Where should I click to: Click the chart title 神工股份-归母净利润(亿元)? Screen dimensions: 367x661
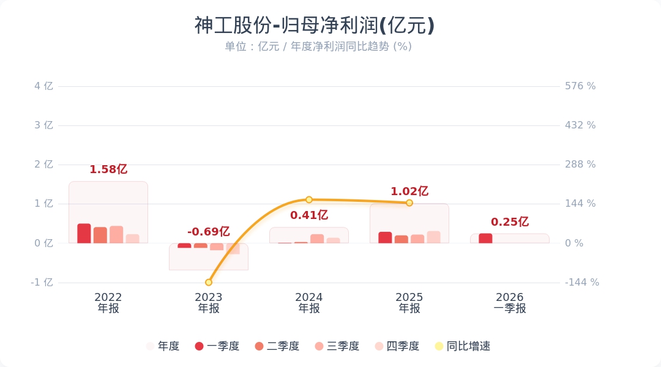pos(315,26)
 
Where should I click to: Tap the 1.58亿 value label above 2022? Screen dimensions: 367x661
pos(108,169)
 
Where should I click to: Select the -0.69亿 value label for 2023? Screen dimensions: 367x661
pos(208,232)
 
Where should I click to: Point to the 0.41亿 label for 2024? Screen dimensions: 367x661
pos(309,215)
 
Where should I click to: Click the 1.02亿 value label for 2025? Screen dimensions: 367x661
pos(409,191)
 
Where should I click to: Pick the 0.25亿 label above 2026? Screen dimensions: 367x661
pos(510,222)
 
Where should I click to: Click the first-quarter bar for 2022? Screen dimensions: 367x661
pos(84,234)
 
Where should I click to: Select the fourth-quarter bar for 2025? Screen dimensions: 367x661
pos(433,237)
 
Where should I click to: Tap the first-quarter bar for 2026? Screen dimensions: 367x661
pos(485,239)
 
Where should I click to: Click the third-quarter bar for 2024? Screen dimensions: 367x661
pos(317,239)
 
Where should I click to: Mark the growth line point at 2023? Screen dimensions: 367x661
pos(209,282)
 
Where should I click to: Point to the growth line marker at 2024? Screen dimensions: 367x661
pos(309,200)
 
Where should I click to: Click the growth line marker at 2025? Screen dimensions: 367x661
pos(409,202)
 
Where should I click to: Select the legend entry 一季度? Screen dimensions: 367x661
pos(217,346)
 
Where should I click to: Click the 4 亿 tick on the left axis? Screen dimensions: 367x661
pos(43,86)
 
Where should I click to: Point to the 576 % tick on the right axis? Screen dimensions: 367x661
pos(580,86)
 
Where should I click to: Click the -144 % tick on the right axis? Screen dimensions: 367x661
pos(582,283)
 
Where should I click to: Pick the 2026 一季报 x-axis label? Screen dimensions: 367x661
pos(510,303)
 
